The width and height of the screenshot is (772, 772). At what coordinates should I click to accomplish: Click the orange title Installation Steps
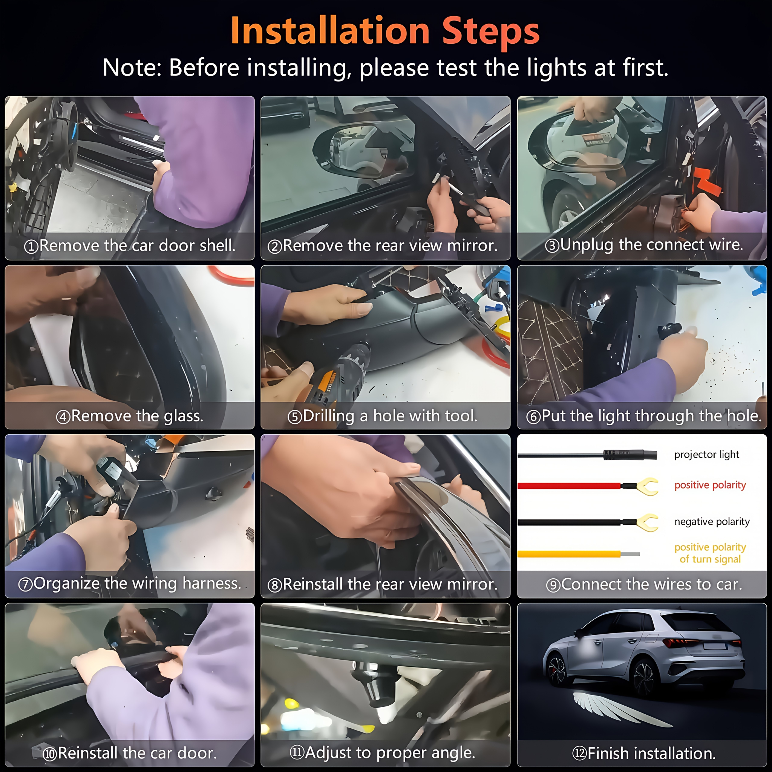[385, 31]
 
